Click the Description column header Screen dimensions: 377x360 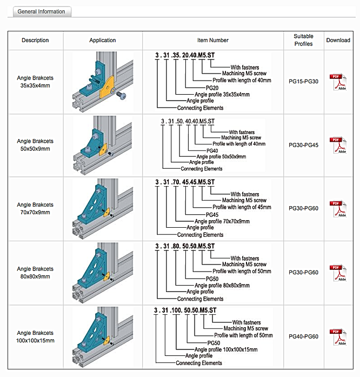click(35, 40)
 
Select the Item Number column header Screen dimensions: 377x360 click(212, 40)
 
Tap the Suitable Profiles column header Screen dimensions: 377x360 click(303, 40)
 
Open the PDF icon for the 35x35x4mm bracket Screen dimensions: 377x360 click(338, 82)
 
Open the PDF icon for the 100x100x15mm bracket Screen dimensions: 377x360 click(338, 336)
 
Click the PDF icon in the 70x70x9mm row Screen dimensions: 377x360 click(338, 208)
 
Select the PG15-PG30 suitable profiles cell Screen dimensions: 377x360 click(303, 82)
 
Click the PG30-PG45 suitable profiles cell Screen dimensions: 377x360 click(303, 145)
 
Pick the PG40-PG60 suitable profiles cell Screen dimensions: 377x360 click(303, 336)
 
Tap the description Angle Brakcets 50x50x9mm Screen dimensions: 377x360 click(35, 145)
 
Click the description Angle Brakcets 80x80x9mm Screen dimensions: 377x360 click(35, 272)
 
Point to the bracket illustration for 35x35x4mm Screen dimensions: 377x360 click(103, 82)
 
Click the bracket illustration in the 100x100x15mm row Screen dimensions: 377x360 click(103, 336)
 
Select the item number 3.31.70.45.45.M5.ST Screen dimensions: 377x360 click(185, 182)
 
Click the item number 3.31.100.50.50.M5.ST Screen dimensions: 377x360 click(185, 310)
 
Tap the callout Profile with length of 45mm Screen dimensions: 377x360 click(242, 207)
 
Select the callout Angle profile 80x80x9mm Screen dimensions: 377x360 click(222, 285)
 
